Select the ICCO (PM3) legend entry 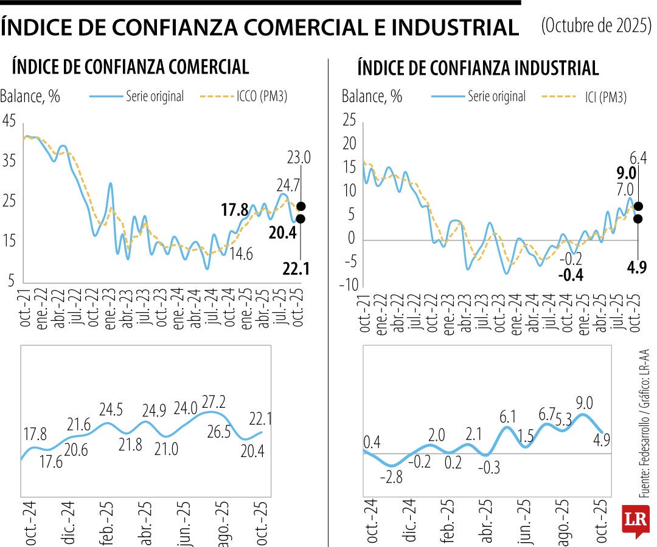point(262,96)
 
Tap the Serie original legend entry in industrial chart point(496,96)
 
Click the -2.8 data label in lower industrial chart point(391,477)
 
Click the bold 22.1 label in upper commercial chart point(296,268)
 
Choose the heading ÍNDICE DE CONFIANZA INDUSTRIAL point(478,67)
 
